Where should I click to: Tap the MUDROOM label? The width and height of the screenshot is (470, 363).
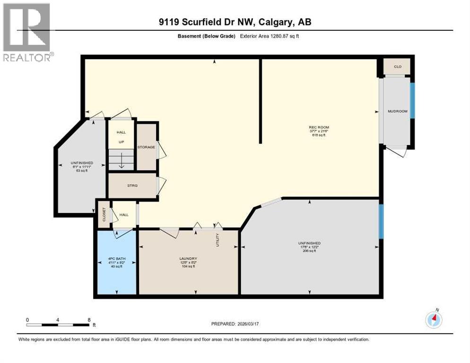coord(397,112)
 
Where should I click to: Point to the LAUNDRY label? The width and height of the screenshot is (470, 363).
coord(188,258)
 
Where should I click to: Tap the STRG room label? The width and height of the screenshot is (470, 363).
coord(132,186)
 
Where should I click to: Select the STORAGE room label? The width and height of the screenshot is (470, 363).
coord(146,147)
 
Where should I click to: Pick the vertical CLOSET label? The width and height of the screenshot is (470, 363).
coord(103,215)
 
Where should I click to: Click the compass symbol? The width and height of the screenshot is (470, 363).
coord(434,320)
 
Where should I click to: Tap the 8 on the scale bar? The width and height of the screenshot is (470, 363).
coord(89,320)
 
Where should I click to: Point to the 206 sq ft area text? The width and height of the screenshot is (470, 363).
coord(310,251)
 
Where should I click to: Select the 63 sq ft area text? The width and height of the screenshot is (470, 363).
coord(78,171)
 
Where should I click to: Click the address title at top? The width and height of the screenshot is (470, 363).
coord(235,22)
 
